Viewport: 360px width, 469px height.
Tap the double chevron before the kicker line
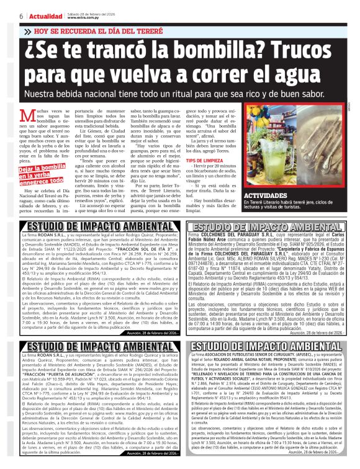pos(28,30)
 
